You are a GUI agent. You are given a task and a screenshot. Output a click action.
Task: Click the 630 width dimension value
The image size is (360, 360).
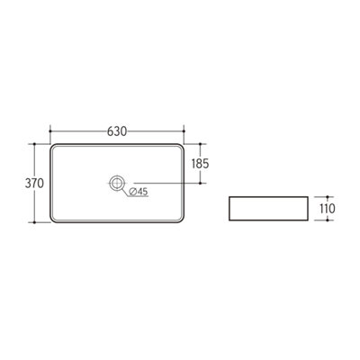(x=116, y=130)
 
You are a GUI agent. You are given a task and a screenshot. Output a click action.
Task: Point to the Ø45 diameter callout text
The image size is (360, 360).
(x=139, y=192)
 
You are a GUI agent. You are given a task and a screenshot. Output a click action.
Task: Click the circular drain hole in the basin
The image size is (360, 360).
(x=115, y=184)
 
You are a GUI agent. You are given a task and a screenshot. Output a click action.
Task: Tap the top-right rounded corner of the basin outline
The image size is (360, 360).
(x=180, y=146)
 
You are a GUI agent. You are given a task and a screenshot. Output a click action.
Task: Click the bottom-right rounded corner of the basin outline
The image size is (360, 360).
(x=180, y=221)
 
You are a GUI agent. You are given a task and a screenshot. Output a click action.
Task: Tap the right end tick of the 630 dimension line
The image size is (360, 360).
(x=183, y=130)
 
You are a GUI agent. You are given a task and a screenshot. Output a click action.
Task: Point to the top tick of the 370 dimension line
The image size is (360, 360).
(x=35, y=143)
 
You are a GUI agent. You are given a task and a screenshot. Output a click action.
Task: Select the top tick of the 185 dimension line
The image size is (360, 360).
(x=200, y=143)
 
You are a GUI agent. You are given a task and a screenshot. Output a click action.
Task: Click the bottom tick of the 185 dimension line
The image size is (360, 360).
(x=200, y=184)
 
